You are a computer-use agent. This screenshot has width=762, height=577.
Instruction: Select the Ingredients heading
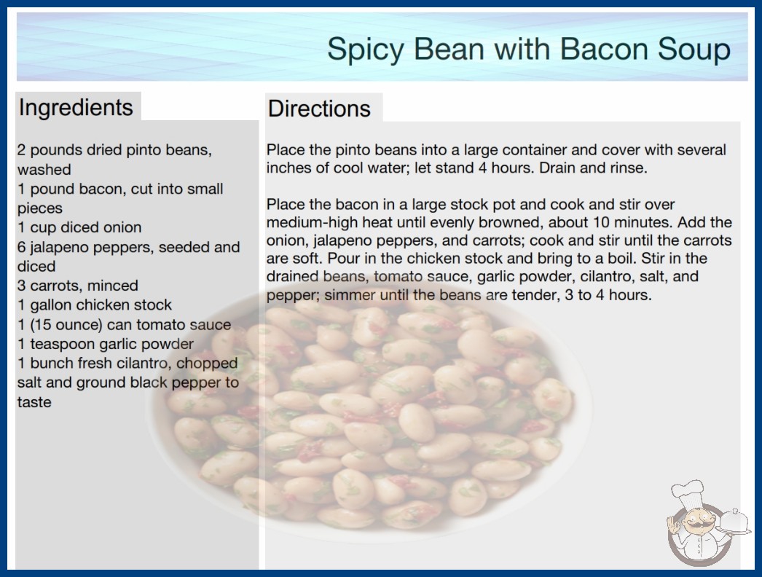(x=76, y=108)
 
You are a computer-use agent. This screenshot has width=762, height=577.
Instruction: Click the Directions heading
(x=319, y=109)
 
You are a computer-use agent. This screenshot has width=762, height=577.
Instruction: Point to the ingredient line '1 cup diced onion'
(x=79, y=227)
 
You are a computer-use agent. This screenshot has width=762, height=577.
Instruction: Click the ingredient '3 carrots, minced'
(x=78, y=286)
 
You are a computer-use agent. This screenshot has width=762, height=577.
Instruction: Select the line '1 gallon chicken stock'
(x=95, y=305)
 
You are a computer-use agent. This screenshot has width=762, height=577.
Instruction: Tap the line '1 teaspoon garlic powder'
(x=106, y=344)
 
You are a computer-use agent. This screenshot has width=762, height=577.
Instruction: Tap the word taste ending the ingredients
(x=34, y=402)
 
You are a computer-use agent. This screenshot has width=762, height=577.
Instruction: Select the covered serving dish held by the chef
(x=734, y=521)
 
